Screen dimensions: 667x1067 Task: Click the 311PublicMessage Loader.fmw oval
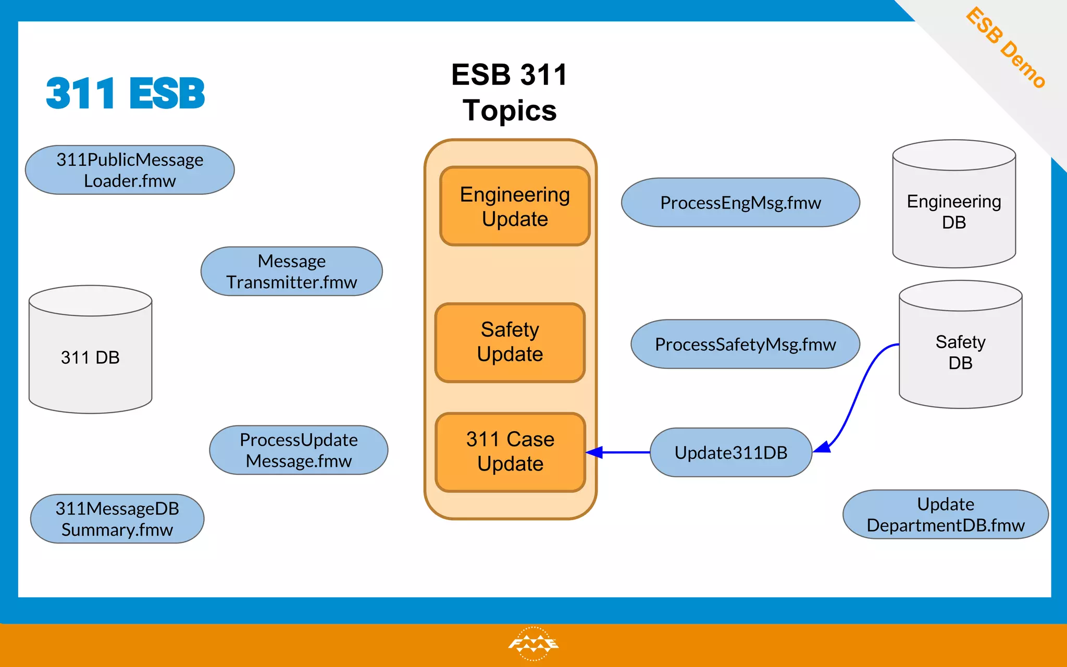pyautogui.click(x=130, y=170)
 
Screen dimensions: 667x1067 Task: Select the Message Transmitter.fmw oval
pyautogui.click(x=292, y=271)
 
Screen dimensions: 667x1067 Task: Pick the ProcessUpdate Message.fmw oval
pyautogui.click(x=299, y=450)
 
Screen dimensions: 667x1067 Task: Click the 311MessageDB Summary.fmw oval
pyautogui.click(x=117, y=519)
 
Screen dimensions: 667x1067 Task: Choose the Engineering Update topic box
pyautogui.click(x=515, y=206)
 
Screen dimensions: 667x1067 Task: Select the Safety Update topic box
pyautogui.click(x=510, y=342)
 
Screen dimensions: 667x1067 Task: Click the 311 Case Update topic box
pyautogui.click(x=511, y=452)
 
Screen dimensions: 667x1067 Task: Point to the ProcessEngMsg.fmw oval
pyautogui.click(x=740, y=203)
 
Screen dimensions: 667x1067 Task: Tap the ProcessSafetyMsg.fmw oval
pyautogui.click(x=745, y=344)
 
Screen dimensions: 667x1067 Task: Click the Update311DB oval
pyautogui.click(x=731, y=452)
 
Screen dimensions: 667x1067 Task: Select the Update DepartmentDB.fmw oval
pyautogui.click(x=946, y=514)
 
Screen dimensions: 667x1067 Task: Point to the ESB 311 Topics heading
pyautogui.click(x=510, y=92)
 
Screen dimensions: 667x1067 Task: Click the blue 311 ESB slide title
pyautogui.click(x=126, y=94)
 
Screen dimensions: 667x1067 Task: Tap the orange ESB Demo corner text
pyautogui.click(x=1006, y=48)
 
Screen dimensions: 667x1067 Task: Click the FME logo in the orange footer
pyautogui.click(x=533, y=644)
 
